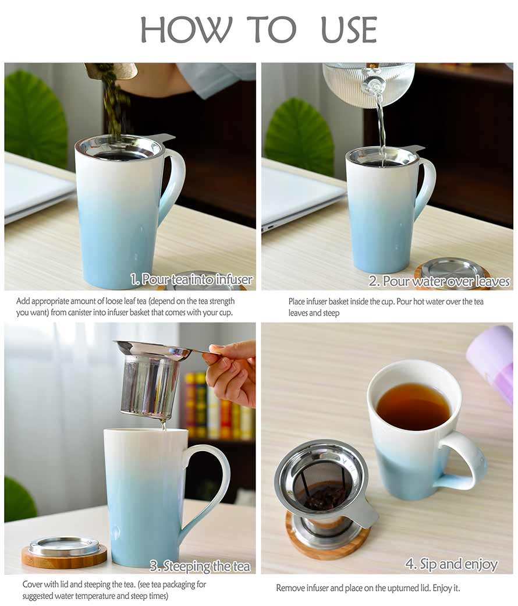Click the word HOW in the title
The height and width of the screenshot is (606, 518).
186,30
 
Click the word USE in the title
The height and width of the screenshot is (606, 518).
349,30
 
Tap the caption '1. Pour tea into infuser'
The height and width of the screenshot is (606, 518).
191,279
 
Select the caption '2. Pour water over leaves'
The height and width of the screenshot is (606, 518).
439,281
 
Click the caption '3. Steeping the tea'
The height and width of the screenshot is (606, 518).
200,566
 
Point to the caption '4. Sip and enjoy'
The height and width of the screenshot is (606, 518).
451,564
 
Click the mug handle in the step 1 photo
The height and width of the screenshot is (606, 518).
173,182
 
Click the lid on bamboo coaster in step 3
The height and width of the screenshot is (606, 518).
64,551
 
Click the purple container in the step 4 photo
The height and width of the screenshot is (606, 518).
491,362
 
